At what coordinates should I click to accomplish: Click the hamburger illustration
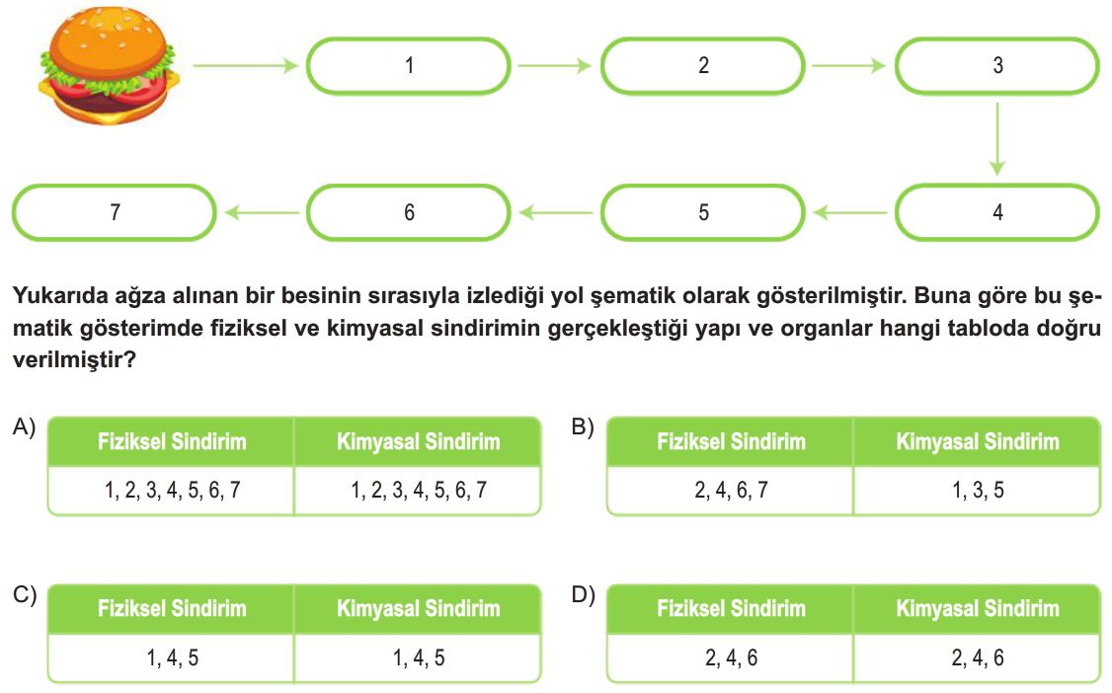click(x=107, y=66)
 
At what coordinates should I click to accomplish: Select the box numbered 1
click(x=408, y=66)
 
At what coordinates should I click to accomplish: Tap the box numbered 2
click(x=703, y=66)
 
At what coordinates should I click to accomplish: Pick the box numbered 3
click(x=997, y=66)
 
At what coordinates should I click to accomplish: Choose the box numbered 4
click(x=997, y=212)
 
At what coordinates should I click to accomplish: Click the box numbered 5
click(x=703, y=212)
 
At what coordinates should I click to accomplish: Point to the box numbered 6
click(x=408, y=212)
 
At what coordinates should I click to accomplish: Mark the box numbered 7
click(x=115, y=212)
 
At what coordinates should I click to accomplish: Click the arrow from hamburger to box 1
click(x=245, y=66)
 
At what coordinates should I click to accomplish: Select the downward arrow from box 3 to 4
click(x=997, y=139)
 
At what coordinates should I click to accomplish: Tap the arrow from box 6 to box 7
click(x=262, y=212)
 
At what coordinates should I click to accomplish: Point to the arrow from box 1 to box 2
click(x=555, y=66)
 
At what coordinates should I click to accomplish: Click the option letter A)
click(x=24, y=426)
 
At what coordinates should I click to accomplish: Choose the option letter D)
click(x=584, y=594)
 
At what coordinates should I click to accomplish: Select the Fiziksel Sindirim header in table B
click(x=731, y=441)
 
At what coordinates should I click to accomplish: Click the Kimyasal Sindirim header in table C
click(x=418, y=609)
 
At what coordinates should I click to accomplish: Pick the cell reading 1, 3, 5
click(x=978, y=490)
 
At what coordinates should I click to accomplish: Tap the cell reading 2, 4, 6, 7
click(x=731, y=490)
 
